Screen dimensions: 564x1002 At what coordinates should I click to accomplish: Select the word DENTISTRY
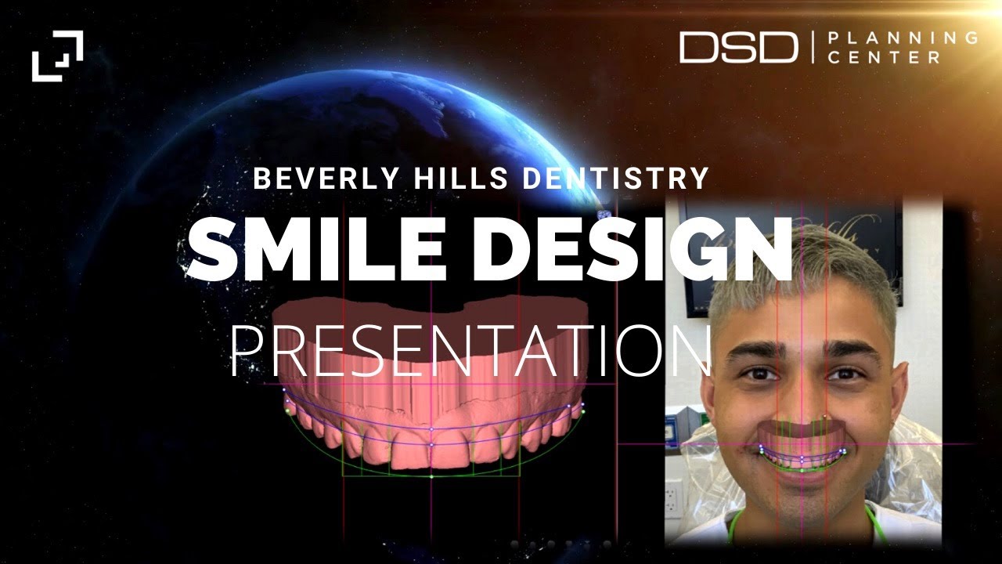coord(615,179)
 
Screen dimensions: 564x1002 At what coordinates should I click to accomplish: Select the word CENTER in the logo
coord(885,57)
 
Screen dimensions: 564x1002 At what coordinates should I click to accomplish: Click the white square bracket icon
coord(57,56)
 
